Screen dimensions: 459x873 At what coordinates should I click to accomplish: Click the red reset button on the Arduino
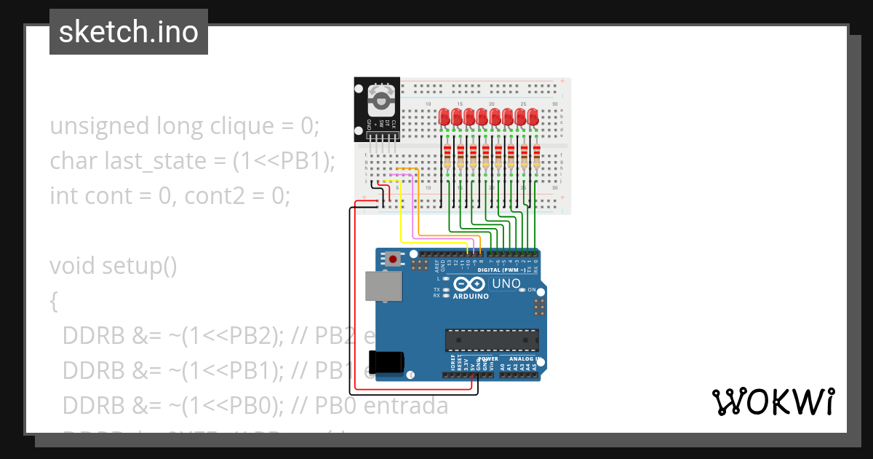394,259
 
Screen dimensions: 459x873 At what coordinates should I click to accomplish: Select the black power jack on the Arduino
386,362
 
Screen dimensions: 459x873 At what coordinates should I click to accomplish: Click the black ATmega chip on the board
493,340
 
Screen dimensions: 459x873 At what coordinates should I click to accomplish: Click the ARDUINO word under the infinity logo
471,297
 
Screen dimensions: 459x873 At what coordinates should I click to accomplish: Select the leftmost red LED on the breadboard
445,117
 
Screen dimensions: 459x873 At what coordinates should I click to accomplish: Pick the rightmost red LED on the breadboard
533,117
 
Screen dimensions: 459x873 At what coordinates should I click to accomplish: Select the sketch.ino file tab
129,32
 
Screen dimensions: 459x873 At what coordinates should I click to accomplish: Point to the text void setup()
113,266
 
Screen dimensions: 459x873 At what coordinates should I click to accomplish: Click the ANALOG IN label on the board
522,359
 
